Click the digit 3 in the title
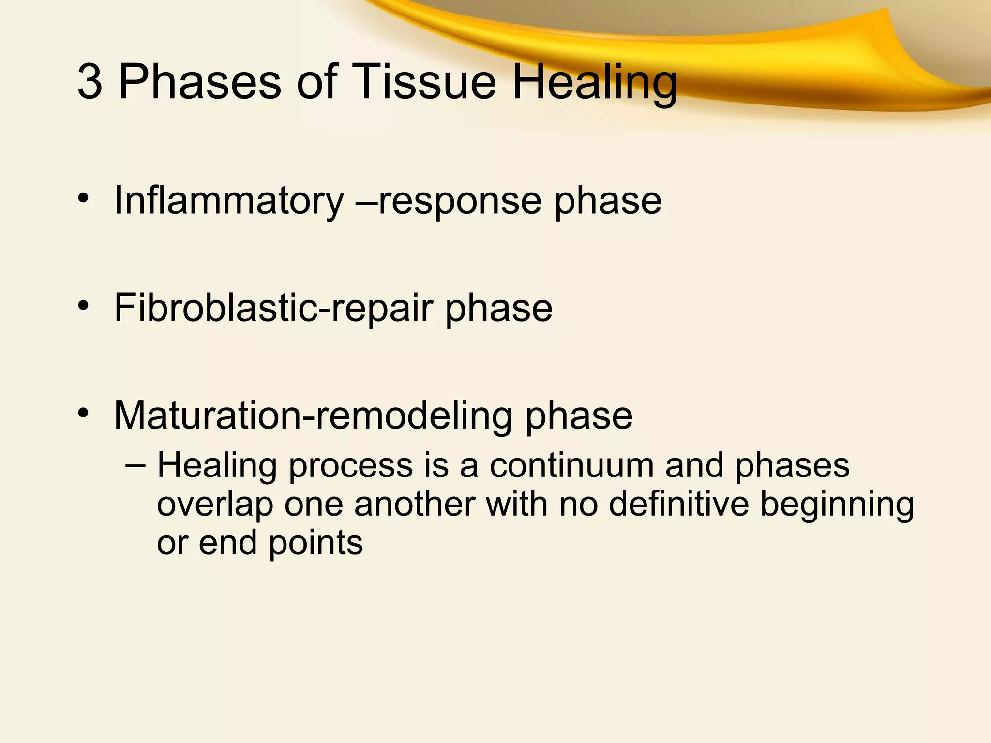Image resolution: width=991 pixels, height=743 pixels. point(90,82)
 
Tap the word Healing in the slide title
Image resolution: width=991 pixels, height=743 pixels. point(595,82)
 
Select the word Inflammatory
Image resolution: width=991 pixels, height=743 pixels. point(228,201)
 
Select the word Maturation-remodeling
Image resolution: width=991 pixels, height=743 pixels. point(313,416)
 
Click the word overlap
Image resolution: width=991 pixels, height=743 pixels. point(215,505)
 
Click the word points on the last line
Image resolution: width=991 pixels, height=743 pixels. point(315,543)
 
